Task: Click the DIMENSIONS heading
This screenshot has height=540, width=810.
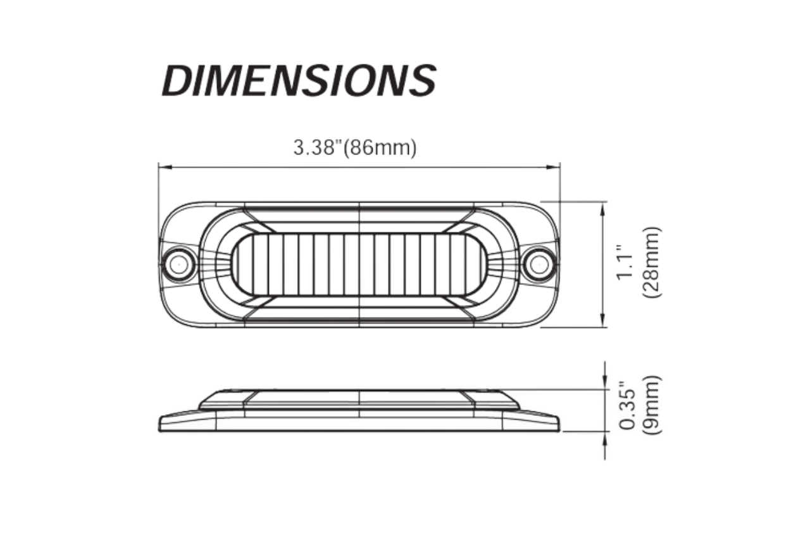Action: coord(299,80)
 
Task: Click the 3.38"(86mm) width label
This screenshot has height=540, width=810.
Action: coord(355,148)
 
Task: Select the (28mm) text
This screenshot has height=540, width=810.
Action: coord(651,263)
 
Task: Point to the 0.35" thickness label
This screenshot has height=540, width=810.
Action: coord(626,406)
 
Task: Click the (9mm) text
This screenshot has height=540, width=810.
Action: coord(652,405)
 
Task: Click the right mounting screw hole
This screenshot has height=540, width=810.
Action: coord(539,264)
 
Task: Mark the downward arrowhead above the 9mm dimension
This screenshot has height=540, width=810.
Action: coord(604,384)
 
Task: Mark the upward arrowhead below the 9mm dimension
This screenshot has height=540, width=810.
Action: coord(604,437)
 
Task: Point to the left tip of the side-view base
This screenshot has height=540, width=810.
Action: coord(161,423)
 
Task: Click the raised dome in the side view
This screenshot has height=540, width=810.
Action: coord(359,398)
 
